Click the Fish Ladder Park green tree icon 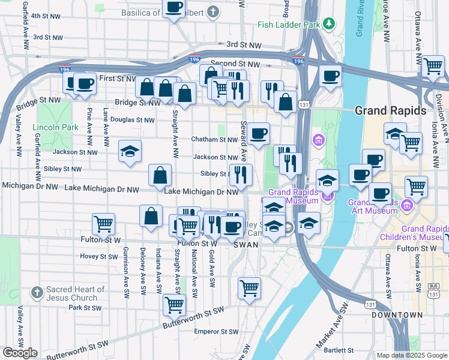pos(328,24)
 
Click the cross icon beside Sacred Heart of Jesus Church pos(37,292)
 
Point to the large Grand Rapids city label pos(390,111)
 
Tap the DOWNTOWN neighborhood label pos(397,314)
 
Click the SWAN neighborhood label pos(245,245)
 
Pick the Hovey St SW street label pos(99,256)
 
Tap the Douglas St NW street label pos(133,120)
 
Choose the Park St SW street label pos(83,307)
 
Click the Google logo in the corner pos(19,353)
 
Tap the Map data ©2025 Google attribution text pos(412,355)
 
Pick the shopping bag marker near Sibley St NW pos(160,175)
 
